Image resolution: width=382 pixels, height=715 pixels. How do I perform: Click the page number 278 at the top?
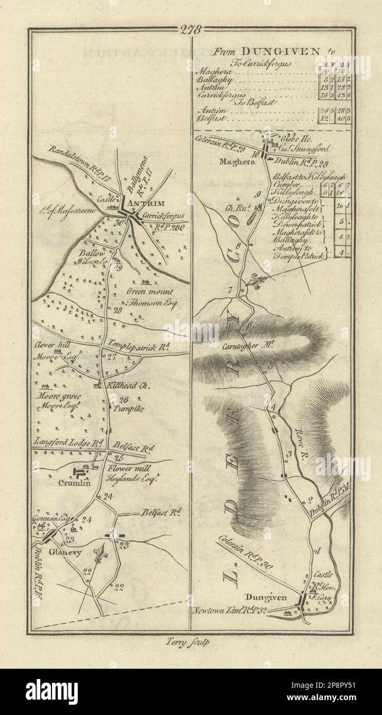tap(190, 29)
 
